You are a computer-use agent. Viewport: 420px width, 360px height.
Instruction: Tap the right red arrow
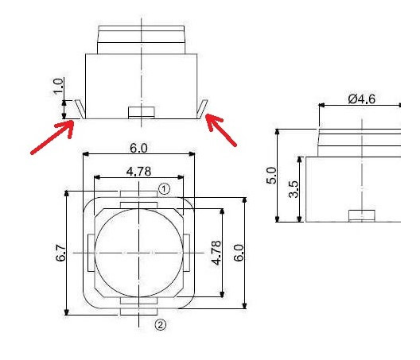point(222,130)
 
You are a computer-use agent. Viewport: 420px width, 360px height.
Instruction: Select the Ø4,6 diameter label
point(362,99)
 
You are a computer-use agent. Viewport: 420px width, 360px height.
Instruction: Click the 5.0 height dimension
point(270,176)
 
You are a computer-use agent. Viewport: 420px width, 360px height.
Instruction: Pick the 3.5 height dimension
point(293,189)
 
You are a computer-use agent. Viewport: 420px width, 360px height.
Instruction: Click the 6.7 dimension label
point(60,254)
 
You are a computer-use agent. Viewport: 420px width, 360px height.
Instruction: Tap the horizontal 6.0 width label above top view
point(139,148)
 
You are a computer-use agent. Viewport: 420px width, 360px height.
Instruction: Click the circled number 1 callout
point(163,189)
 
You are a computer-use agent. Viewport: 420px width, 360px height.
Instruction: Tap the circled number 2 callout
point(160,324)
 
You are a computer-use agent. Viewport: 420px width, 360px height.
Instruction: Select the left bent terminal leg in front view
point(78,110)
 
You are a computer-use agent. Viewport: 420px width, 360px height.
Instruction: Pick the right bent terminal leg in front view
point(204,110)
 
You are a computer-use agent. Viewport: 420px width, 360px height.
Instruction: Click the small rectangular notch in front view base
point(140,112)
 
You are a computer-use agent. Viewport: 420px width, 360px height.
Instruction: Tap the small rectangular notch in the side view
point(362,215)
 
